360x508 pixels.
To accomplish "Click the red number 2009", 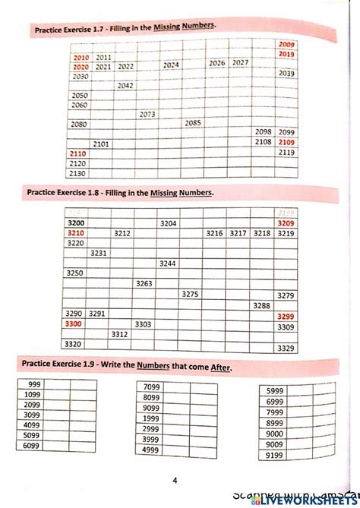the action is [286, 45].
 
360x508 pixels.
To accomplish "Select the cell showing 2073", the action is [147, 115].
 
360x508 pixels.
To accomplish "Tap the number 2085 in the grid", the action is [193, 123].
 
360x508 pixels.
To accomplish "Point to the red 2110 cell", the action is [78, 153].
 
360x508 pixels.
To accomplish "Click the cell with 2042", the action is [125, 86].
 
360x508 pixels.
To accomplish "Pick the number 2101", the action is [101, 144].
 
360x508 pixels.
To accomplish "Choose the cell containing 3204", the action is [168, 223].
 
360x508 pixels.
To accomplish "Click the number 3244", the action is [167, 263].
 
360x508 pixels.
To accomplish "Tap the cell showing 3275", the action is [191, 294].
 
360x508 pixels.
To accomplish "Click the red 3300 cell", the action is [74, 323].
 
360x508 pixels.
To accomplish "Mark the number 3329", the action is [286, 348].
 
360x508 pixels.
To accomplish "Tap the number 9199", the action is [274, 456].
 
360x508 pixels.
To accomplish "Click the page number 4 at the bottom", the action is [175, 480].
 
